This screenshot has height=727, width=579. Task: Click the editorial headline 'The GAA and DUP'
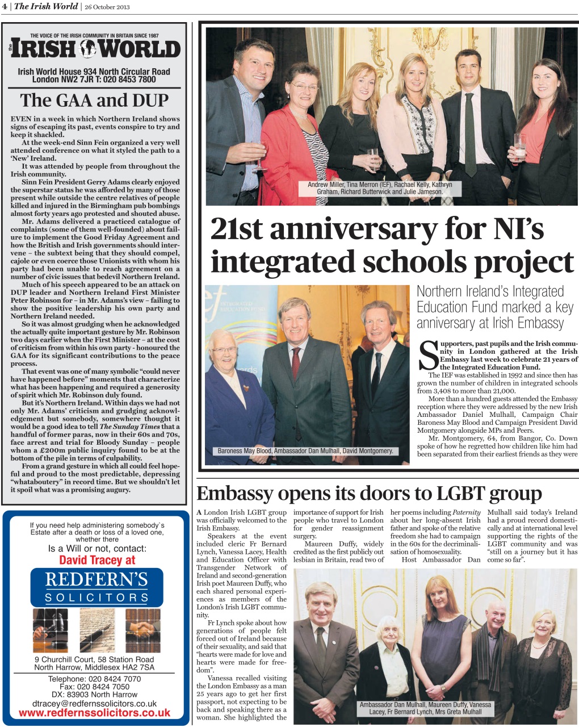click(x=95, y=101)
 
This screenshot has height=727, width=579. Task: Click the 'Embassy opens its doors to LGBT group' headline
click(x=369, y=493)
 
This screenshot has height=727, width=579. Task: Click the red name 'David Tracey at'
click(x=97, y=560)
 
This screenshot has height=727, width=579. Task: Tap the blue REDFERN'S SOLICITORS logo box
click(x=96, y=587)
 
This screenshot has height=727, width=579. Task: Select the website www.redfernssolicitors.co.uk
click(x=95, y=713)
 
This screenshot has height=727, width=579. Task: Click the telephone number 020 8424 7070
click(x=95, y=679)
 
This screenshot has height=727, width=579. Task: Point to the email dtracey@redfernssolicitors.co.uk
click(x=95, y=703)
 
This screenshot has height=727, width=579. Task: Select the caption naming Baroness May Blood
click(x=305, y=451)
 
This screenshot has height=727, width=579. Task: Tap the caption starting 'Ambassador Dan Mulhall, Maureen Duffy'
click(x=425, y=708)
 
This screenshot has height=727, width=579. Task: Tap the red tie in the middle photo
click(x=296, y=363)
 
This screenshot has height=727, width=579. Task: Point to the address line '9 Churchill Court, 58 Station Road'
click(x=95, y=659)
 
